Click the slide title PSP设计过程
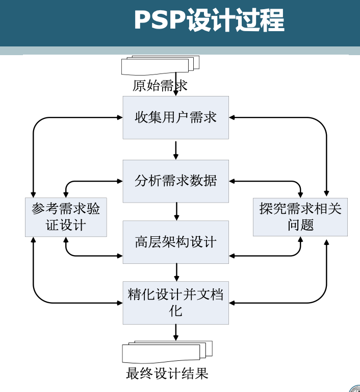tap(209, 21)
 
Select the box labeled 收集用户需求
tap(175, 117)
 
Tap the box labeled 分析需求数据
tap(175, 181)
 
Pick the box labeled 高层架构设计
tap(175, 242)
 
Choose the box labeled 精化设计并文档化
tap(175, 302)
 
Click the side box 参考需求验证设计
tap(66, 217)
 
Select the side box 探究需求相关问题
tap(300, 217)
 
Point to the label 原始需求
tap(160, 86)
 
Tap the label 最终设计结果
tap(167, 374)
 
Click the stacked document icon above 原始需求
tap(160, 65)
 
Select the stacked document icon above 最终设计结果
tap(167, 352)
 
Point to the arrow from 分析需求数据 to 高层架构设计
tap(176, 211)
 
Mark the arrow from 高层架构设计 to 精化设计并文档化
tap(176, 272)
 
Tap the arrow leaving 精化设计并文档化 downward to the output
tap(176, 332)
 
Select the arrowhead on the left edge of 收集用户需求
tap(120, 117)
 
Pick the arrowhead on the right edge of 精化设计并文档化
tap(232, 303)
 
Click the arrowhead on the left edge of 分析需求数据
tap(120, 181)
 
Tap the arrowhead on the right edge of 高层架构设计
tap(232, 254)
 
